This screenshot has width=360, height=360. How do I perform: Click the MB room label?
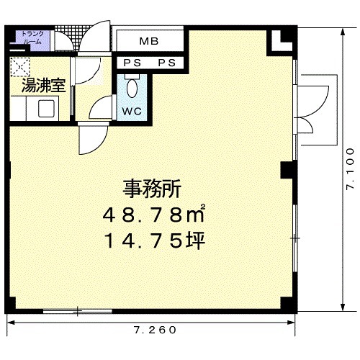[149, 41]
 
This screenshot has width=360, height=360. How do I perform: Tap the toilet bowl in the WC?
[132, 88]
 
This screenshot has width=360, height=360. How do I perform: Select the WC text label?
[132, 112]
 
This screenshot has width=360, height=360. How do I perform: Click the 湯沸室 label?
[43, 86]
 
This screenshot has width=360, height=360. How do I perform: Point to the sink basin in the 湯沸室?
[46, 109]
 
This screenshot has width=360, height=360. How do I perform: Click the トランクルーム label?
[32, 37]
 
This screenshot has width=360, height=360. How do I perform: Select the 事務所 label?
[152, 189]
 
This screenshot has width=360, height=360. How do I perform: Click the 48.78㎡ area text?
[154, 214]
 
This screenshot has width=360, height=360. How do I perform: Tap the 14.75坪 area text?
[154, 240]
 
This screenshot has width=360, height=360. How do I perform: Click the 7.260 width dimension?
[155, 330]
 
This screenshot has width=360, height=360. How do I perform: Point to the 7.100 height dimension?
[350, 169]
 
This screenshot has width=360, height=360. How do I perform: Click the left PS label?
[132, 63]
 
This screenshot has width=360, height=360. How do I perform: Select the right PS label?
[167, 63]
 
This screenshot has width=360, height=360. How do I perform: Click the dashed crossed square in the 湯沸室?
[20, 67]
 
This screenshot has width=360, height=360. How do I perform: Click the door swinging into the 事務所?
[93, 138]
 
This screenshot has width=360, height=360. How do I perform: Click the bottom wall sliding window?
[77, 311]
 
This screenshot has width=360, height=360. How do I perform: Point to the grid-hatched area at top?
[70, 35]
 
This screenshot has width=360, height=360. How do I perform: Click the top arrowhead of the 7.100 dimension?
[343, 32]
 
